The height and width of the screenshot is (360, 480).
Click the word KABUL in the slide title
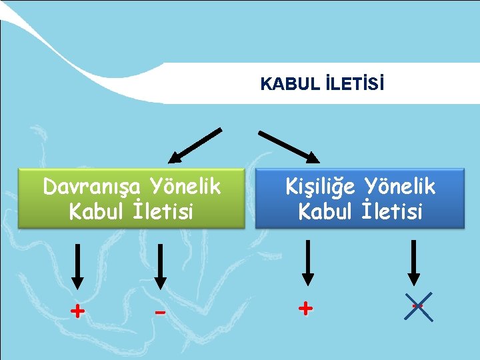tap(281, 85)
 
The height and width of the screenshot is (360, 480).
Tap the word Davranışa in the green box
tap(93, 187)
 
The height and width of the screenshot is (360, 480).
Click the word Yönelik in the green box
tap(185, 187)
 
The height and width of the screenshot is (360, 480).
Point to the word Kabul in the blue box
tap(325, 212)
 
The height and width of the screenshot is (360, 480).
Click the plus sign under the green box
tap(78, 311)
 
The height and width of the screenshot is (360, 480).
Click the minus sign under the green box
tap(159, 312)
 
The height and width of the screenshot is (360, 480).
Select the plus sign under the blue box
tap(305, 308)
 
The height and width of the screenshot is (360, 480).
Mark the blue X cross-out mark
tap(419, 307)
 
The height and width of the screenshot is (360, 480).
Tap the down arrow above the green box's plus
tap(78, 267)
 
